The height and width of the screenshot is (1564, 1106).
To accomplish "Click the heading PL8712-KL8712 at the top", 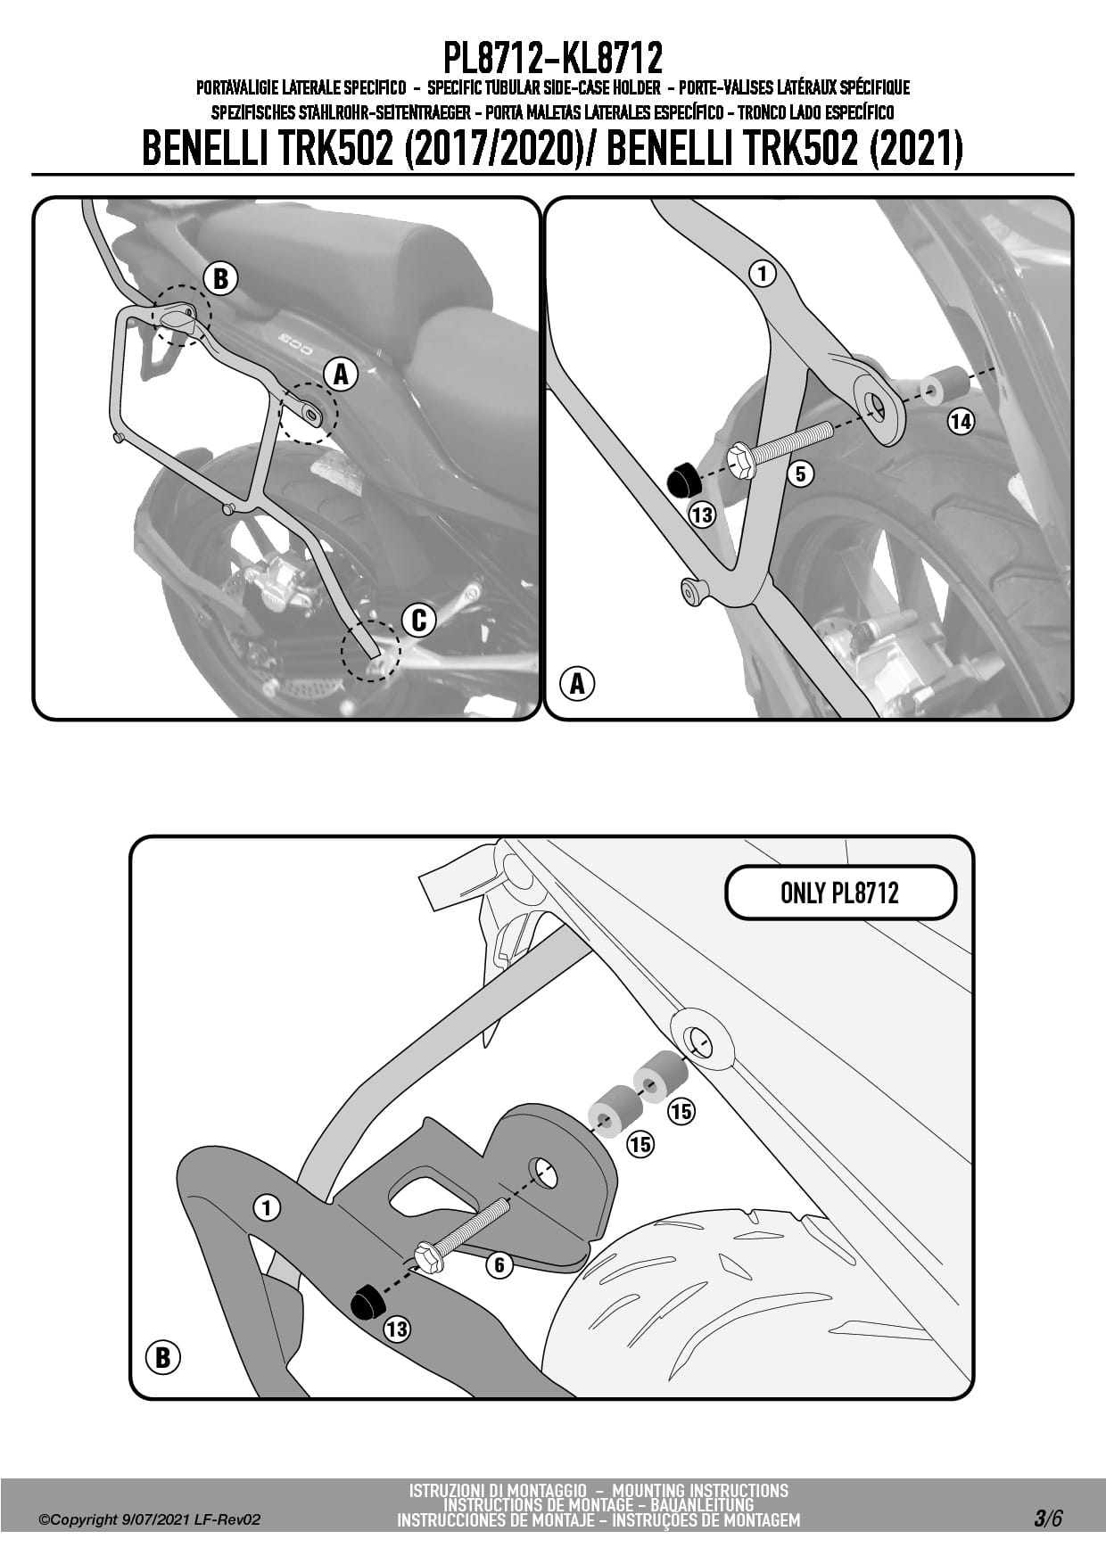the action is pos(553,59).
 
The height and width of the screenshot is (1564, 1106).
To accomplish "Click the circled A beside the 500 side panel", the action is pos(341,375).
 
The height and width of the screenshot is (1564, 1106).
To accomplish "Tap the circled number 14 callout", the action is pos(960,421).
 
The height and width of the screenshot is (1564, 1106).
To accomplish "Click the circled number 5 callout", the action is pos(800,473).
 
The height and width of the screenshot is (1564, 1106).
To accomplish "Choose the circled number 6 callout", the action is pos(499,1264).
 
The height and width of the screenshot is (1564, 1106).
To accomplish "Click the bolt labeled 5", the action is pos(780,444).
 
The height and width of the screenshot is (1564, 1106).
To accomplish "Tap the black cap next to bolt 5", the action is pos(683,479).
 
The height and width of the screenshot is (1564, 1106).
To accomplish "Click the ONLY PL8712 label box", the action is pos(839,893).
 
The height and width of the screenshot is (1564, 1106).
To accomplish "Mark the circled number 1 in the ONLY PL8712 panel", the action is pos(267,1208).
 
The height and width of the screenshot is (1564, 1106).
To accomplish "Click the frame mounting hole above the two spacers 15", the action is pos(698,1040).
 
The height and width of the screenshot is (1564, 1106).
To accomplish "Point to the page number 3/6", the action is pos(1047,1517).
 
